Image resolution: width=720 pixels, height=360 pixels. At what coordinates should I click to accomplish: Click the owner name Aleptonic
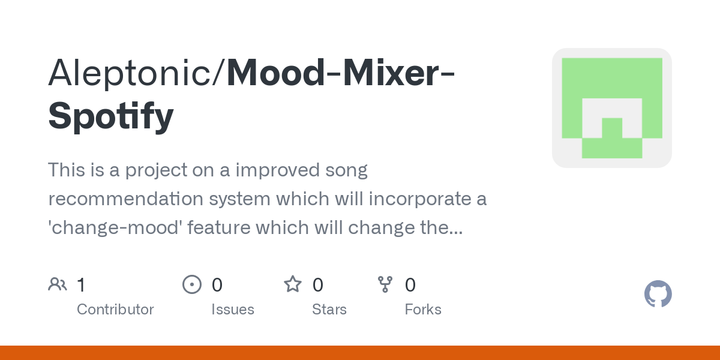135,72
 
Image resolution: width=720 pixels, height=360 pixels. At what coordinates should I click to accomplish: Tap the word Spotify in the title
111,116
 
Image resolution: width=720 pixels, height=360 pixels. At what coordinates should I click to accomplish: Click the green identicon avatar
611,108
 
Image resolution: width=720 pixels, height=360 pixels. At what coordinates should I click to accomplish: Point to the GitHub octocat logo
658,295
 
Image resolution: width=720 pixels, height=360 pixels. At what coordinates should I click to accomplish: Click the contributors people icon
58,284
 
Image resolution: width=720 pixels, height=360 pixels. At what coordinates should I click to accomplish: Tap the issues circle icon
191,284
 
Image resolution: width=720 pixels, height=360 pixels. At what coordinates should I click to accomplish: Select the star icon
293,284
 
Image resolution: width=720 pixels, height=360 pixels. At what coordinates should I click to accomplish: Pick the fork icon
385,284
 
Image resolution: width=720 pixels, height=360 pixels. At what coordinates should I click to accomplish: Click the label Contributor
115,310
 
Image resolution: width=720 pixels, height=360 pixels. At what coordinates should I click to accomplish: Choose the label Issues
233,310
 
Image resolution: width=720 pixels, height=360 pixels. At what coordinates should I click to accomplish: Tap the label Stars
329,310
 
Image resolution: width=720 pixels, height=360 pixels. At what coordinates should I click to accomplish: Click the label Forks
423,310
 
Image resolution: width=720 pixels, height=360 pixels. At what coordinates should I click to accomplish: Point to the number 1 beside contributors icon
81,285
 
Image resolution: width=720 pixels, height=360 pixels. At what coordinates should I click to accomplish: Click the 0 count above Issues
217,285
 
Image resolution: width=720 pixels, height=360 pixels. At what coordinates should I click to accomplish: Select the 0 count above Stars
318,285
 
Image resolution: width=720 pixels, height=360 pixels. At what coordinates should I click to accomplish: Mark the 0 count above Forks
410,285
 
